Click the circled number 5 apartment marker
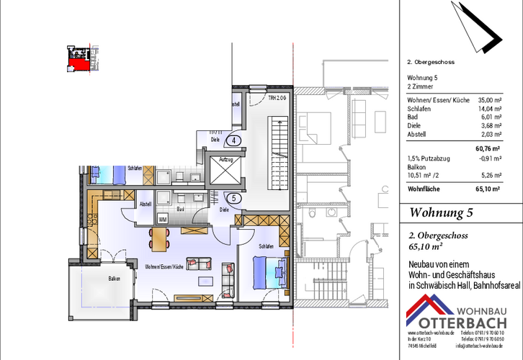[x=235, y=198]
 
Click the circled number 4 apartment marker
[x=235, y=140]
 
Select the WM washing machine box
[x=163, y=219]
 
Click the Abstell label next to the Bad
[x=145, y=204]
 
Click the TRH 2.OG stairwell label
[x=278, y=97]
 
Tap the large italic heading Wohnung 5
[x=441, y=212]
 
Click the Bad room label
[x=182, y=210]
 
